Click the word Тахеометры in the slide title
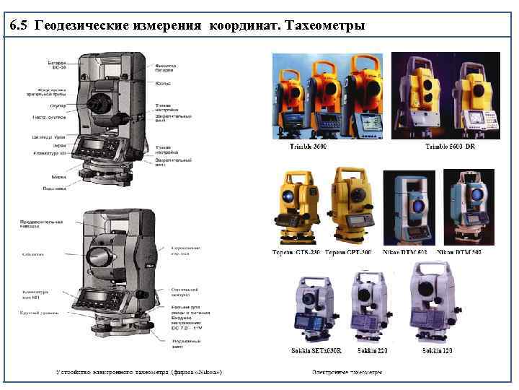[325, 27]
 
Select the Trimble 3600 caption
[309, 147]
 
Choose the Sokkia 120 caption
[438, 350]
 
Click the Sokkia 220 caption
[372, 350]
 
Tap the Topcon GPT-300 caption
[349, 253]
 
